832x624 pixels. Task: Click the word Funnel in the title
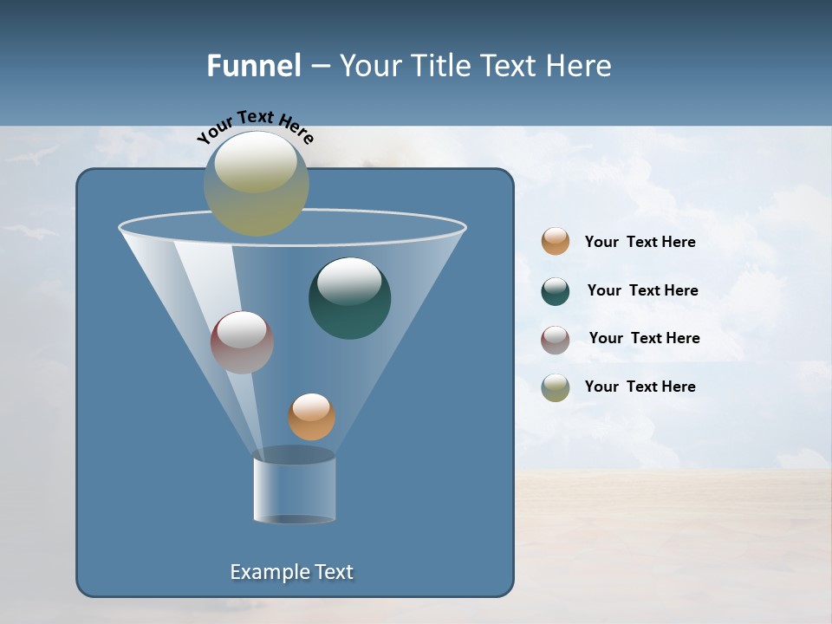pos(254,66)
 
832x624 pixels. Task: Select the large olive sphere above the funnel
pos(257,183)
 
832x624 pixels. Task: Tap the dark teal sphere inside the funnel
pos(349,298)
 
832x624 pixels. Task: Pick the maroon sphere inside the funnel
pos(242,342)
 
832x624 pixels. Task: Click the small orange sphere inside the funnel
pos(311,417)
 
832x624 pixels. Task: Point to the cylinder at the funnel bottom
pos(295,487)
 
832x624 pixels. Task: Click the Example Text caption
pos(291,572)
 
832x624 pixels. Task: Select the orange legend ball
pos(556,242)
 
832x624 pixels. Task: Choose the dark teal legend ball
pos(556,291)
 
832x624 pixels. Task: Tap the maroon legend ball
pos(556,339)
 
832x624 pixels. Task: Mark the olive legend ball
pos(556,387)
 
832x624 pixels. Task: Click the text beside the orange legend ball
pos(640,243)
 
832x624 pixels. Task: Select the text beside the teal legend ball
pos(642,291)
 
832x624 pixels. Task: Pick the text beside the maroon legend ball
pos(644,339)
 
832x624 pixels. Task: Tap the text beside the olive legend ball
pos(640,387)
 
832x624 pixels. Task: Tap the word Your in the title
pos(364,66)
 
